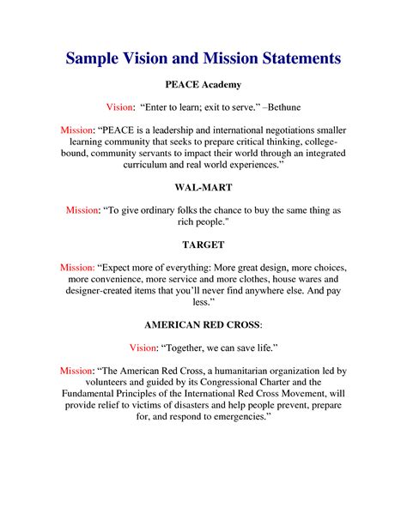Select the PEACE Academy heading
(203, 86)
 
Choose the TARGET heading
(203, 245)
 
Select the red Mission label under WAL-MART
(86, 209)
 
